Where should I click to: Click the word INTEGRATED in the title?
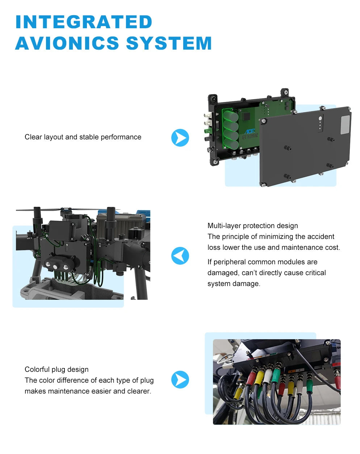(84, 22)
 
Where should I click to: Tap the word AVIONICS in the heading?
(67, 43)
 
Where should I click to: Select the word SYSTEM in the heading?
(169, 43)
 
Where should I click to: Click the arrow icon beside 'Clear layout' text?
(180, 138)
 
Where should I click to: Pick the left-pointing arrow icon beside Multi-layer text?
(180, 256)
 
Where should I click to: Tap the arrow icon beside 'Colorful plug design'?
(180, 379)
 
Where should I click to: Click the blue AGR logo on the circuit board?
(250, 131)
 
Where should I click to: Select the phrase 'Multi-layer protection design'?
(252, 226)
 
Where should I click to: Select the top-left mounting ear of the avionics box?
(213, 99)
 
